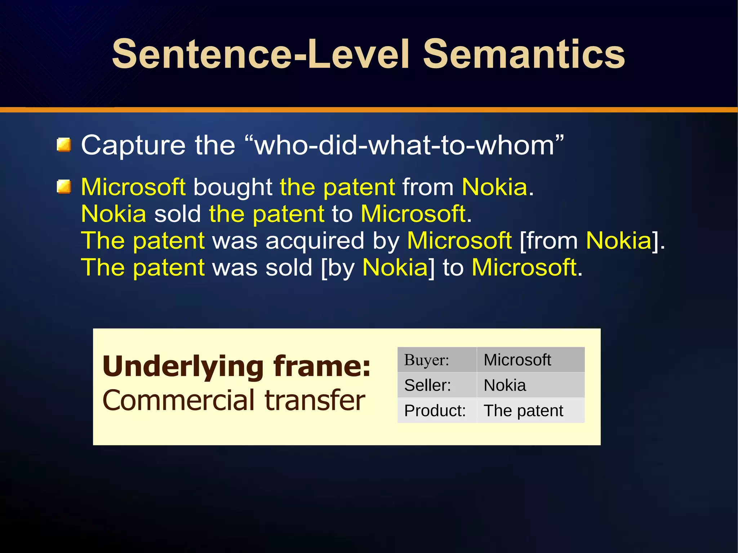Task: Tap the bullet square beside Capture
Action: pyautogui.click(x=64, y=145)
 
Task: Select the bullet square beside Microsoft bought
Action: pyautogui.click(x=64, y=187)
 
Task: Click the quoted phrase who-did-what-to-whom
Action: pyautogui.click(x=404, y=145)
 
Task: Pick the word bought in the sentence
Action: pyautogui.click(x=232, y=187)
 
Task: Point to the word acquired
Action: pyautogui.click(x=315, y=241)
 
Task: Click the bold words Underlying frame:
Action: pyautogui.click(x=236, y=366)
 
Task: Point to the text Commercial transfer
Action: pyautogui.click(x=234, y=400)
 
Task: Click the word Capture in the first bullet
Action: pyautogui.click(x=133, y=145)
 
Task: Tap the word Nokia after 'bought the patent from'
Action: pyautogui.click(x=494, y=187)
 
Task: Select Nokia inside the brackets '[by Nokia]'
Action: pyautogui.click(x=395, y=267)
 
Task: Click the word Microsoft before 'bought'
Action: pyautogui.click(x=133, y=187)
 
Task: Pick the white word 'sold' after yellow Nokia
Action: pyautogui.click(x=177, y=214)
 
